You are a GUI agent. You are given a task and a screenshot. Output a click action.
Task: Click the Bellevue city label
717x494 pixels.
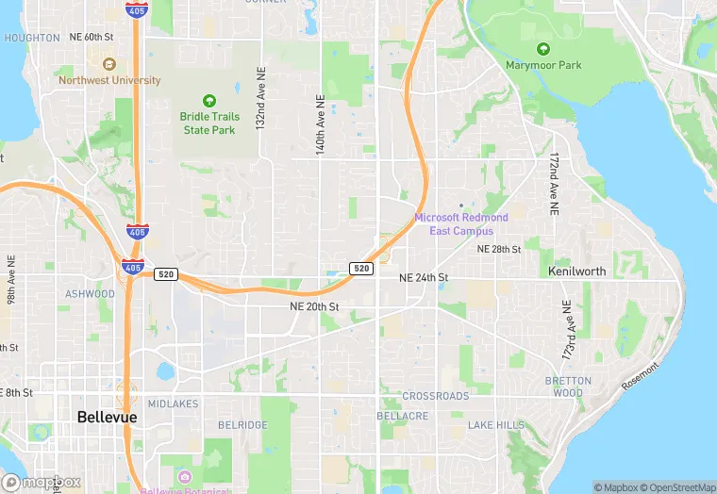107,417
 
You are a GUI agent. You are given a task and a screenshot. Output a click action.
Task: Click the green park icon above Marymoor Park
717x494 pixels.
542,48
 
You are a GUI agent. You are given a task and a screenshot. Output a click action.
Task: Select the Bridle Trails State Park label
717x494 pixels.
209,123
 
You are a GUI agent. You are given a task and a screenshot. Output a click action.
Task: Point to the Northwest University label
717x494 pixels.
109,81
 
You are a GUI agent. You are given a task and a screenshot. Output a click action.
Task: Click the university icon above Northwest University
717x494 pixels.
108,64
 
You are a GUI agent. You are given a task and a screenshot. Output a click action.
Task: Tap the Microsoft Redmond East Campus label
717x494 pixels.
460,224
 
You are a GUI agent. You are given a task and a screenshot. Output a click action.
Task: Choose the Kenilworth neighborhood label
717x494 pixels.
576,272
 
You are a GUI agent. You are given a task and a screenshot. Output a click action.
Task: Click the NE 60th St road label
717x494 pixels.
92,37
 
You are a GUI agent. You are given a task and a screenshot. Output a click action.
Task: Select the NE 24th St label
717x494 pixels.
423,278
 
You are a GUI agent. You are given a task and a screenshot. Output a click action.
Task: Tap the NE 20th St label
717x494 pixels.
314,306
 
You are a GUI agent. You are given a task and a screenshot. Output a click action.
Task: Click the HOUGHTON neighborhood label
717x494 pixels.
31,38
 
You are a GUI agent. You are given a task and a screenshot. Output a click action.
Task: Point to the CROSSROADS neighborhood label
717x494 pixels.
436,396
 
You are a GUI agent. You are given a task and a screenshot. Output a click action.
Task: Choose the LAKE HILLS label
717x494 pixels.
496,425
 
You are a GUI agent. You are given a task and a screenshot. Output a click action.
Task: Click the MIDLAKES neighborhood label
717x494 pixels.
173,403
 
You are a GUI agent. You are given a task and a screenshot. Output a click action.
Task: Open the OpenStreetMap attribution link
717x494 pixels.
678,487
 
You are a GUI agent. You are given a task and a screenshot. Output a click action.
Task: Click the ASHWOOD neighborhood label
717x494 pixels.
90,294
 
